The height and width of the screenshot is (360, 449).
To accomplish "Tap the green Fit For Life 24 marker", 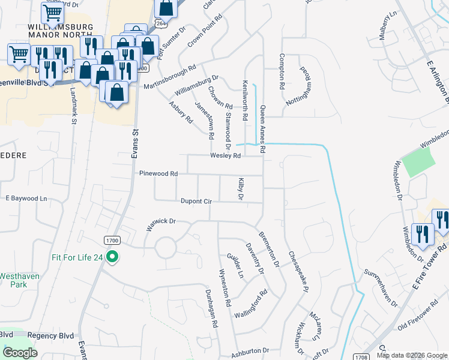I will point(112,258).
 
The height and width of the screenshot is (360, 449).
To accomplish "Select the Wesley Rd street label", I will point(225,156).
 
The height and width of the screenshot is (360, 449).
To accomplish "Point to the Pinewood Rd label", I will point(158,173).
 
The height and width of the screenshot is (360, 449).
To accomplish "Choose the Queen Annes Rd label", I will point(262,126).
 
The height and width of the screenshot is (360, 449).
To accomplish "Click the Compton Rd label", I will point(281,71).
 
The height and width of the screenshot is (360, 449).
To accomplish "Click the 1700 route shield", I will point(112,240).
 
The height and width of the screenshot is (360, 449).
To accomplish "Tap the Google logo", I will point(20,353).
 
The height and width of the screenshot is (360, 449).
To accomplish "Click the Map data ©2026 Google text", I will point(412,355).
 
